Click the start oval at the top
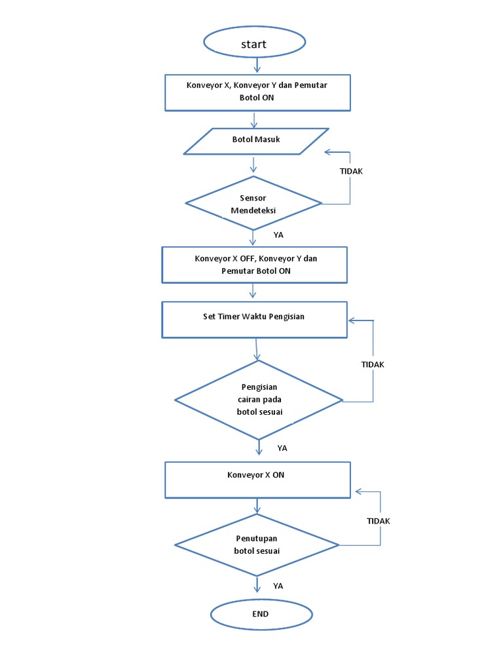(254, 43)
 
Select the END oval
(261, 615)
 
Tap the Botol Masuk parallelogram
(255, 141)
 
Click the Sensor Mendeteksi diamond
(253, 203)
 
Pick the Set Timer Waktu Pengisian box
(254, 319)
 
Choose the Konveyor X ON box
(259, 479)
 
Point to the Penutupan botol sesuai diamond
(257, 545)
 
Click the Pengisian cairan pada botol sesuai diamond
(259, 400)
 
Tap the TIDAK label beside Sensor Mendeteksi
(351, 171)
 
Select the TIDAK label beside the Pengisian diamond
(373, 364)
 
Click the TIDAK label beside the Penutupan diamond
(379, 521)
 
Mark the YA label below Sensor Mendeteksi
(278, 234)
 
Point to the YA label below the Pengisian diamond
(282, 448)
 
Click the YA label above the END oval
(278, 586)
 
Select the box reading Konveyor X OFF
(255, 265)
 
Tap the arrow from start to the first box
(257, 65)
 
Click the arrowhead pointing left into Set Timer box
(352, 320)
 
